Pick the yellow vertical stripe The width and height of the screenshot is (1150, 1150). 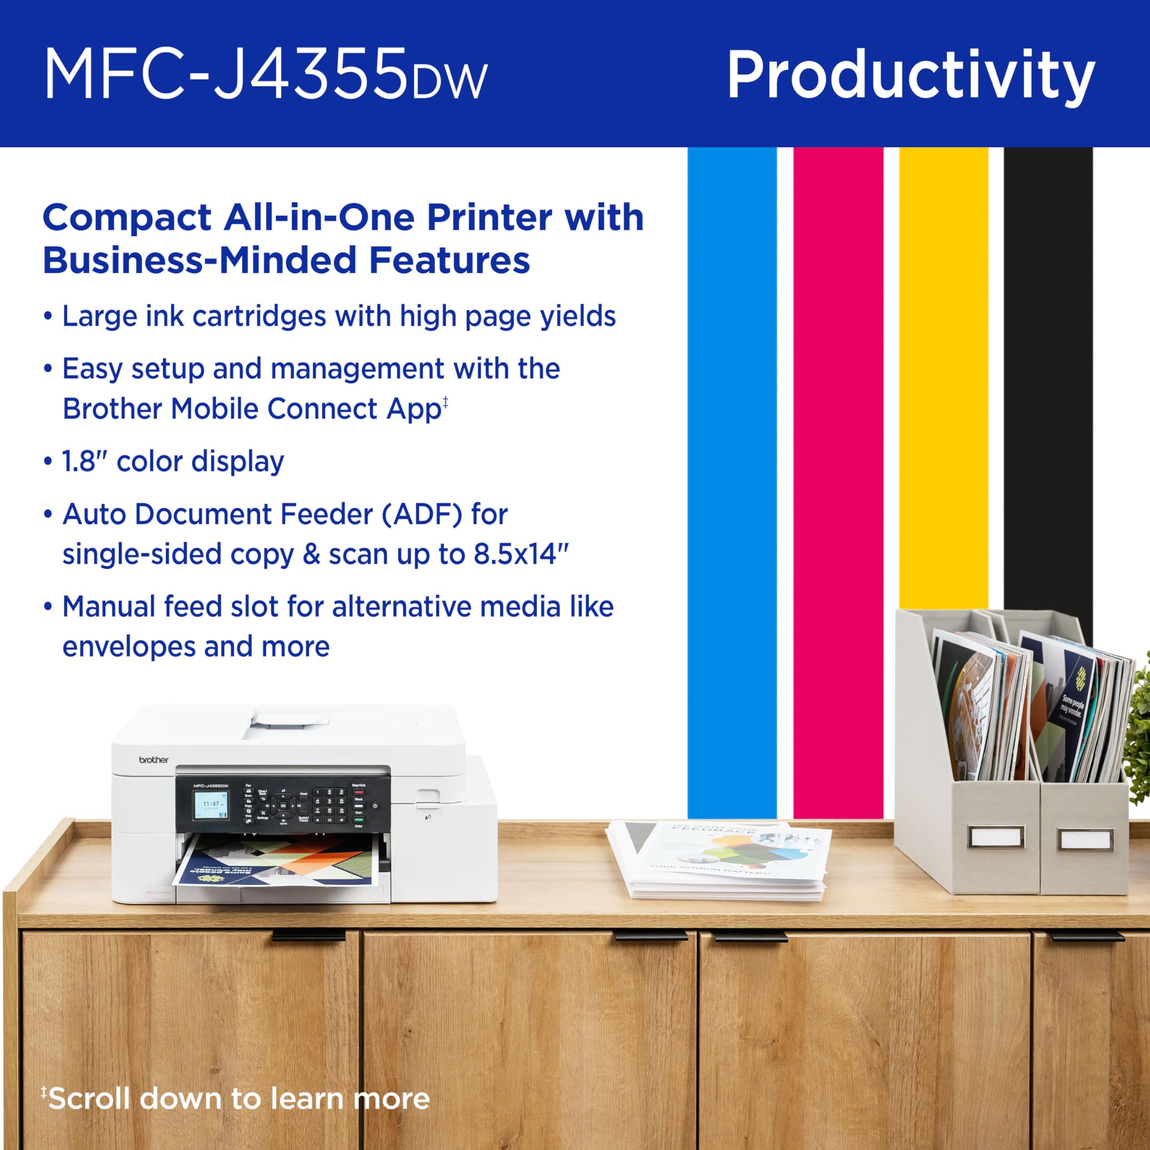tap(943, 381)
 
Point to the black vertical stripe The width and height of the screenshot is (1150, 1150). tap(1048, 381)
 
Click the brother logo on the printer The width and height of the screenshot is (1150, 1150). tap(154, 760)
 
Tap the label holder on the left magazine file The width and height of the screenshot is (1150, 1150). tap(996, 837)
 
